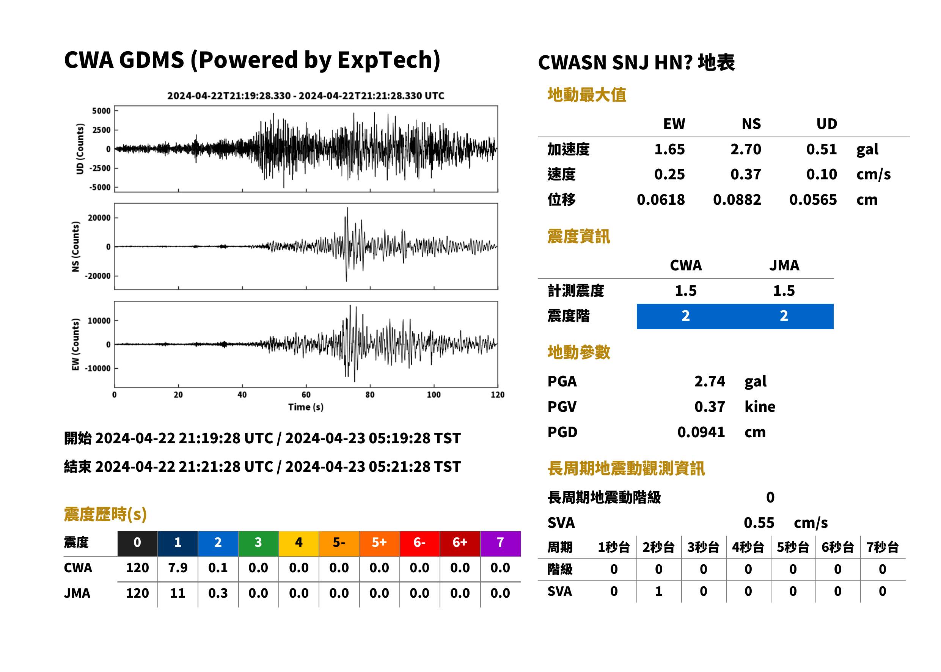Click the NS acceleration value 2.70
[745, 149]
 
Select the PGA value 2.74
[709, 381]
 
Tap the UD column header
[826, 124]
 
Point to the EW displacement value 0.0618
[660, 200]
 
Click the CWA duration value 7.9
[178, 568]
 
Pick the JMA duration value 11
[178, 593]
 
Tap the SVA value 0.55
[759, 523]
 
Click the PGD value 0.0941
[701, 432]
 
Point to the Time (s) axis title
[306, 407]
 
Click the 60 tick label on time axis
[306, 395]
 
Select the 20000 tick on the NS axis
[99, 218]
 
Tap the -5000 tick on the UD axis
[100, 187]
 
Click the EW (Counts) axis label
[75, 345]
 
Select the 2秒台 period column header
[658, 547]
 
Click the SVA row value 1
[658, 591]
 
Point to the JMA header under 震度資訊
[784, 265]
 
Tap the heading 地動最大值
[587, 95]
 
